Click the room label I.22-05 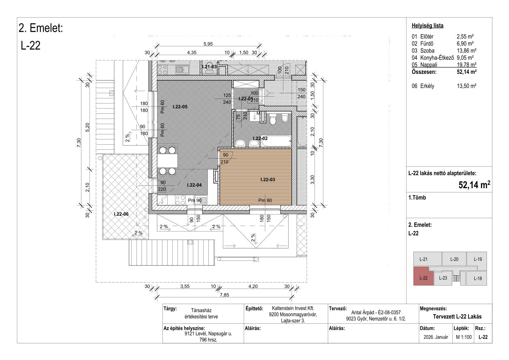point(180,106)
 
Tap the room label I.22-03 point(268,179)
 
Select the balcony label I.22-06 point(121,214)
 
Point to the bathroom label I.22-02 point(260,138)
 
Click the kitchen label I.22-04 point(194,185)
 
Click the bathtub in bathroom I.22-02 point(276,141)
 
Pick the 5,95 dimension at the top point(208,44)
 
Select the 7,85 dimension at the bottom point(224,295)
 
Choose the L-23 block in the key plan point(443,278)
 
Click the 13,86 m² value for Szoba point(466,51)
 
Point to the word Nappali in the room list point(429,65)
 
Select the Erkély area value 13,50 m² point(466,86)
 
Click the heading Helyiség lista point(427,26)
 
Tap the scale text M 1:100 point(464,337)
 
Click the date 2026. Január point(436,337)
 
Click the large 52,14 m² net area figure point(474,185)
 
